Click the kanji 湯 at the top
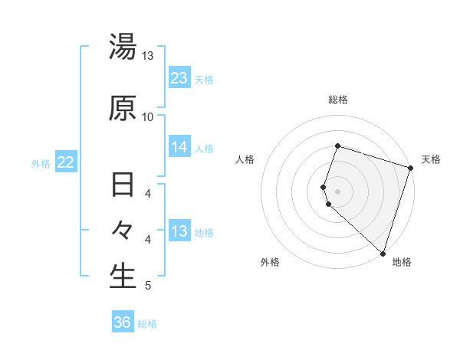click(123, 47)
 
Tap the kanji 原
click(123, 108)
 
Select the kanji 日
click(123, 186)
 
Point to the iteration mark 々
click(123, 231)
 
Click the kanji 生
click(123, 277)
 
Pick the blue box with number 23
click(179, 78)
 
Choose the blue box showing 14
click(179, 147)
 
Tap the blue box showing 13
click(179, 231)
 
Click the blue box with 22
click(66, 162)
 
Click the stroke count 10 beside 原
click(147, 116)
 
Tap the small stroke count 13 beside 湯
click(147, 56)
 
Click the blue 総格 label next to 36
click(147, 324)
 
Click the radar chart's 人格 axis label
click(245, 159)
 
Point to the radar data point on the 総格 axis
click(337, 146)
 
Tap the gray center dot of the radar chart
click(337, 191)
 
